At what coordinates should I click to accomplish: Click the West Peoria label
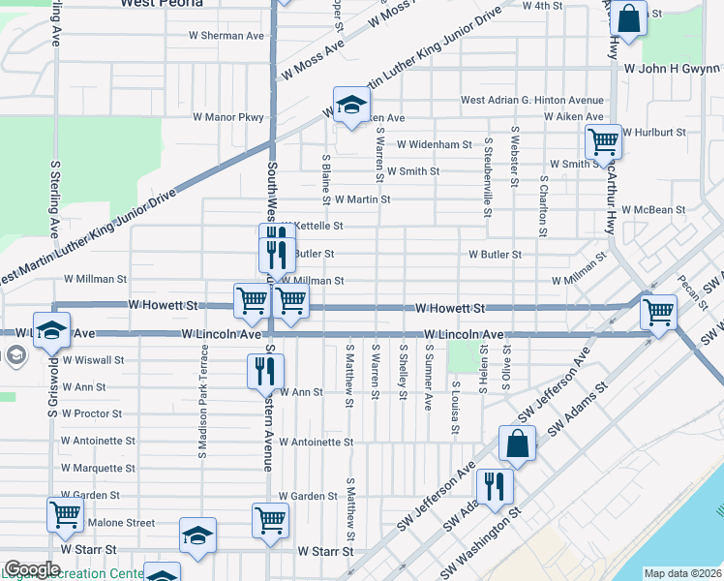pyautogui.click(x=162, y=4)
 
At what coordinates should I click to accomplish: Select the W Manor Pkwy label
pyautogui.click(x=228, y=117)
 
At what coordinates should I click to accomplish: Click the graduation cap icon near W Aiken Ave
pyautogui.click(x=352, y=104)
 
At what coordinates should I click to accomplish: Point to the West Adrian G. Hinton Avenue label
pyautogui.click(x=531, y=100)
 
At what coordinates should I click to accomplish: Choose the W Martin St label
pyautogui.click(x=362, y=199)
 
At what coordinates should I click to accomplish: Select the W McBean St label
pyautogui.click(x=654, y=209)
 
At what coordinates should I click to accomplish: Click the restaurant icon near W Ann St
pyautogui.click(x=264, y=370)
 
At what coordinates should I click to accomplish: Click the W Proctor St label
pyautogui.click(x=91, y=413)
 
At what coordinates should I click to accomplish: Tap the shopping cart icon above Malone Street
pyautogui.click(x=65, y=514)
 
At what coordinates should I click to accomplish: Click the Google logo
pyautogui.click(x=32, y=569)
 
